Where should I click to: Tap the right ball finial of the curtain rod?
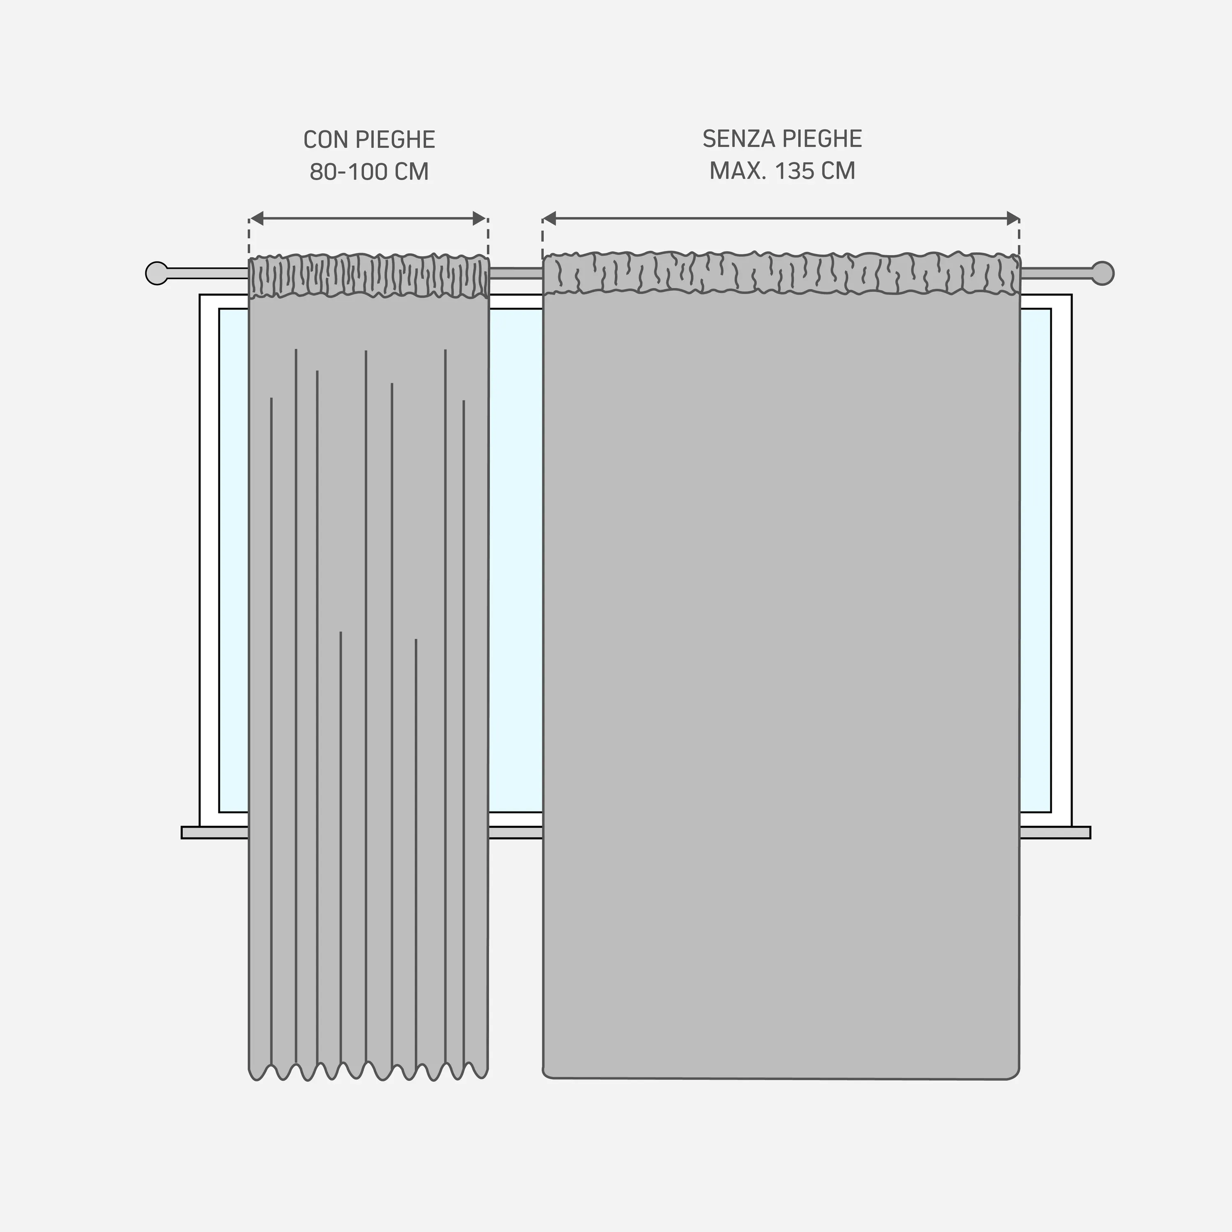tap(1103, 273)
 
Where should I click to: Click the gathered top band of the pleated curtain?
tap(369, 276)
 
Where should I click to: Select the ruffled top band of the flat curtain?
tap(781, 273)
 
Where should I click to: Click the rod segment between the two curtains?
tap(516, 274)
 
